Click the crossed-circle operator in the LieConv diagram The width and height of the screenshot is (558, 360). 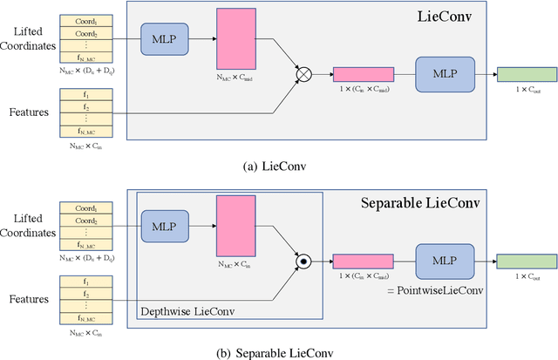click(303, 76)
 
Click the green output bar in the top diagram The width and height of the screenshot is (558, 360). click(523, 74)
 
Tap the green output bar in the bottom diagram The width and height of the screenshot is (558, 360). click(523, 259)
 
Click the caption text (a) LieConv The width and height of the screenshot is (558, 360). click(279, 165)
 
